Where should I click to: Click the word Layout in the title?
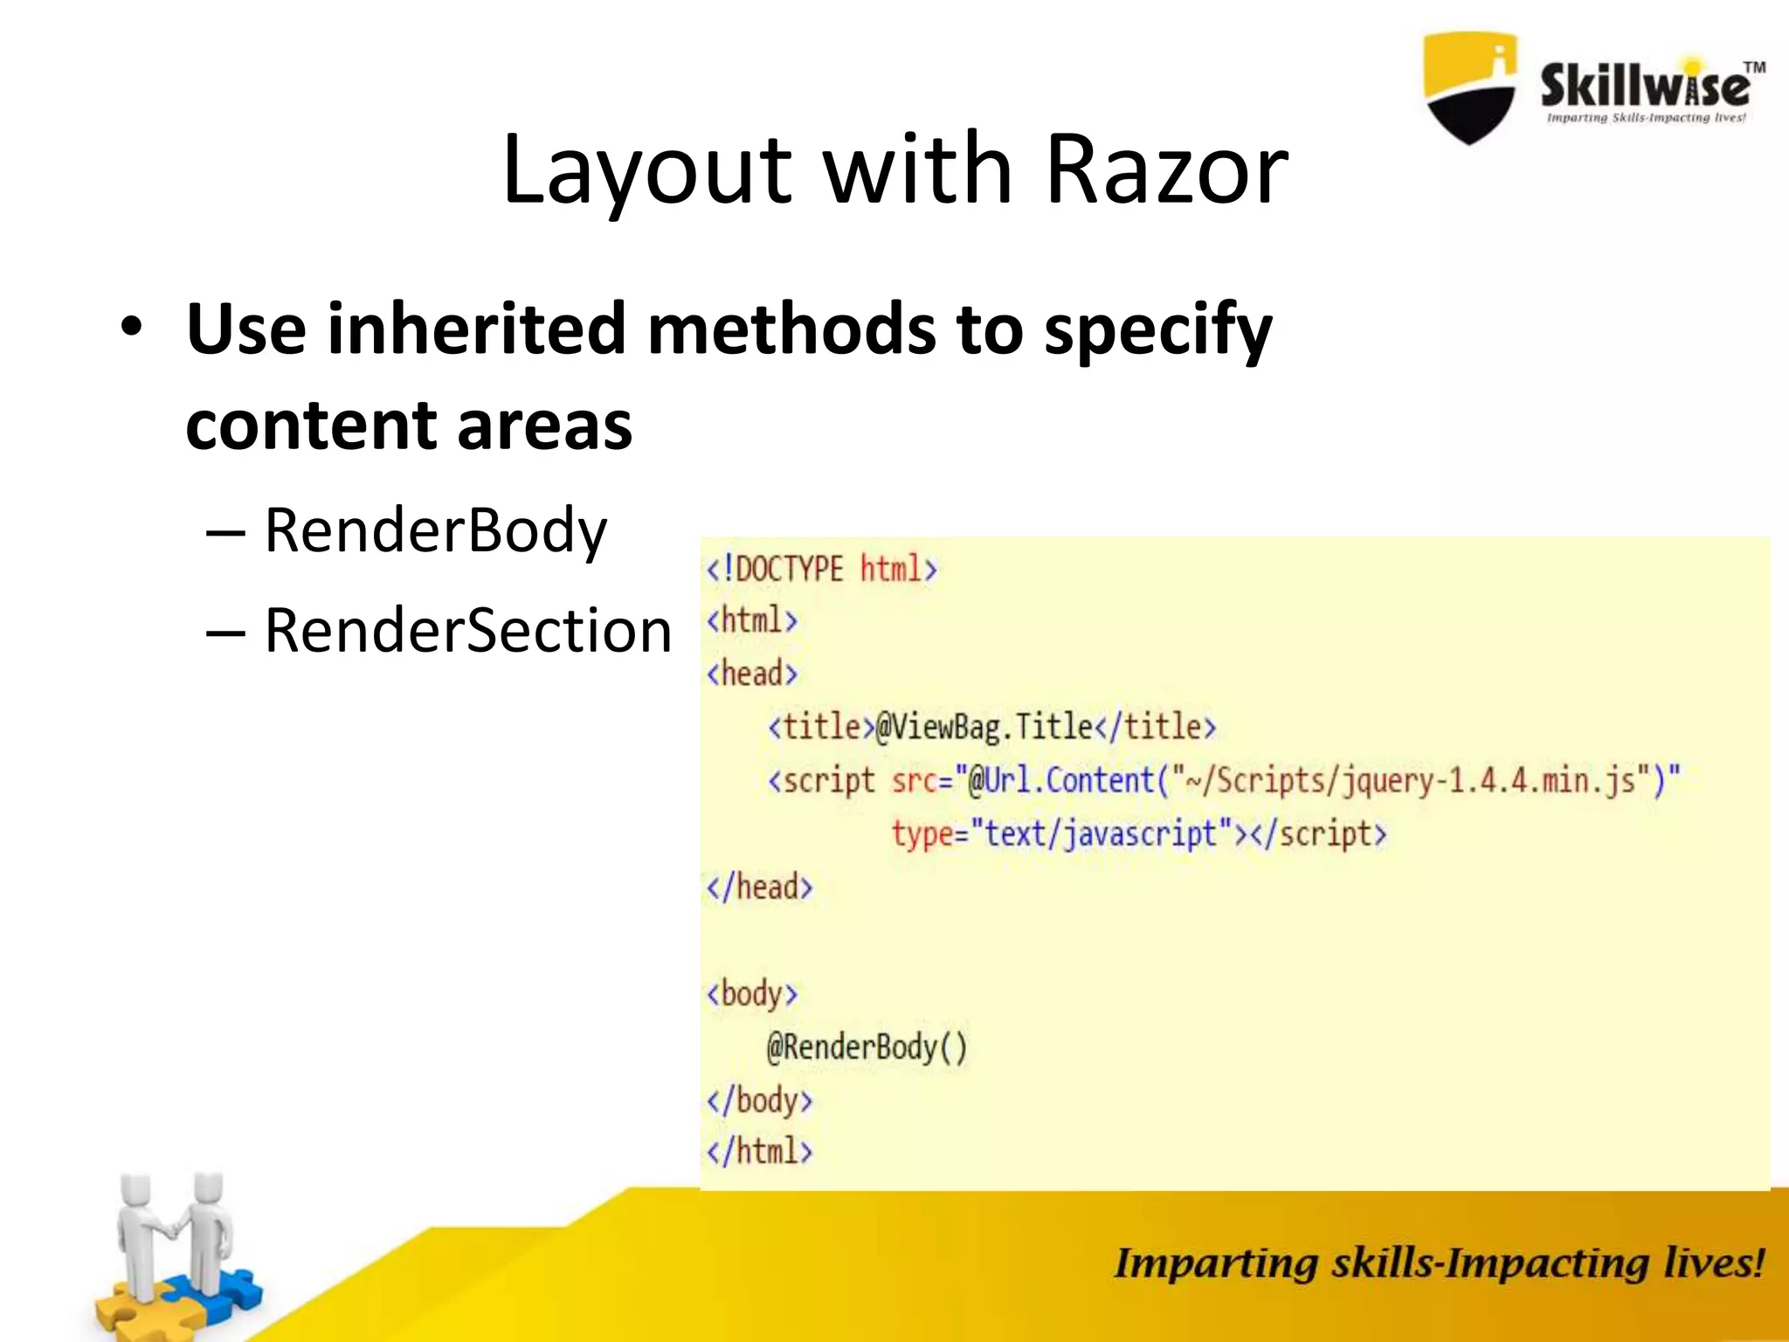click(x=646, y=170)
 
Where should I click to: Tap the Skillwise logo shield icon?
click(x=1470, y=87)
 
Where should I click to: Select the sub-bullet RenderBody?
click(x=435, y=531)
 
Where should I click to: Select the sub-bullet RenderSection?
click(x=467, y=631)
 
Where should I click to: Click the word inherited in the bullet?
click(x=476, y=329)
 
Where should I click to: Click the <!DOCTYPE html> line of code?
click(x=821, y=570)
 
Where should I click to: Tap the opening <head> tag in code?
click(x=752, y=674)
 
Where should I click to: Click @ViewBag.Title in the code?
click(x=984, y=727)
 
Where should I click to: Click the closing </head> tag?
click(x=759, y=888)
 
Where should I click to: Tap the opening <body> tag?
click(x=752, y=994)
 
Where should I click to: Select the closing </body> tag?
click(x=759, y=1101)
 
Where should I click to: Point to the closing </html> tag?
click(x=759, y=1152)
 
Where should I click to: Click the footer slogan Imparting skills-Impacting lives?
click(x=1438, y=1263)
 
